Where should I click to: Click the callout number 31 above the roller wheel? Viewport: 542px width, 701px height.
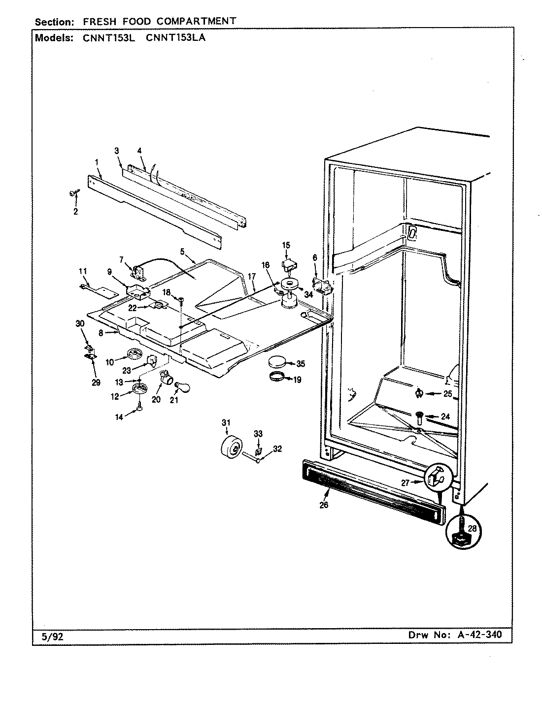(226, 422)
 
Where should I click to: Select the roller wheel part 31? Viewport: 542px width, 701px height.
(230, 446)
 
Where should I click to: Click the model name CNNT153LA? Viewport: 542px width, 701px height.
(175, 37)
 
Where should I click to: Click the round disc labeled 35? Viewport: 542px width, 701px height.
(277, 363)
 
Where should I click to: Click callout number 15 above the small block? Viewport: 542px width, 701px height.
(286, 245)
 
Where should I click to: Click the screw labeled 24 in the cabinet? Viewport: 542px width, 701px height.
(419, 418)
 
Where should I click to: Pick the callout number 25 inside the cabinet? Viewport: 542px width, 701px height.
(447, 394)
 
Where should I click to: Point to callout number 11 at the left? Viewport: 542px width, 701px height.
(82, 271)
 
